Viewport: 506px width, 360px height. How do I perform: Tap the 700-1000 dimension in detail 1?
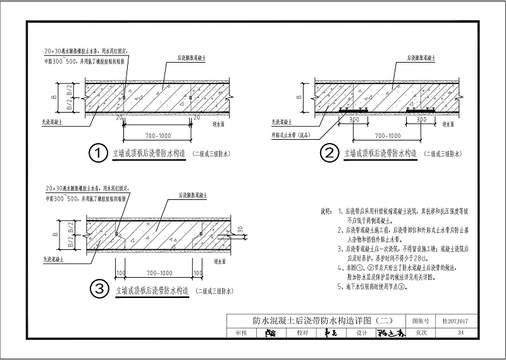point(157,135)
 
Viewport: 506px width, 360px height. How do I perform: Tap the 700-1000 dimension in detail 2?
point(388,135)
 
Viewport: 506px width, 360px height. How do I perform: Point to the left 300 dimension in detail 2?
point(354,118)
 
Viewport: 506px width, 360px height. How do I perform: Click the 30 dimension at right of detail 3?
point(241,229)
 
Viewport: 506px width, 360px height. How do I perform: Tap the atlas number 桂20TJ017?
point(450,321)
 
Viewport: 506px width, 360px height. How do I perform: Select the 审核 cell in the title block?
point(241,332)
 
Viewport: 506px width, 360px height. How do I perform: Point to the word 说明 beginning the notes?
point(325,211)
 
